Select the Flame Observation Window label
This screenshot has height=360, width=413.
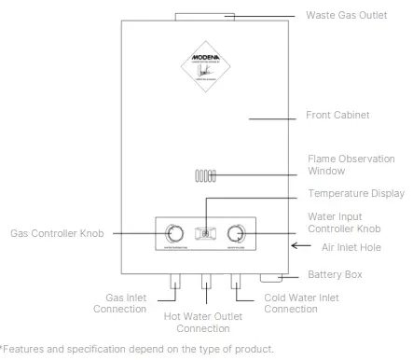click(341, 165)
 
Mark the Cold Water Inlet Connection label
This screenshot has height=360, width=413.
click(293, 303)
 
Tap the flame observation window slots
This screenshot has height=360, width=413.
click(204, 175)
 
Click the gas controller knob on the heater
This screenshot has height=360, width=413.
click(174, 233)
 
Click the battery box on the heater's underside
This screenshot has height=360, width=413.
click(270, 276)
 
